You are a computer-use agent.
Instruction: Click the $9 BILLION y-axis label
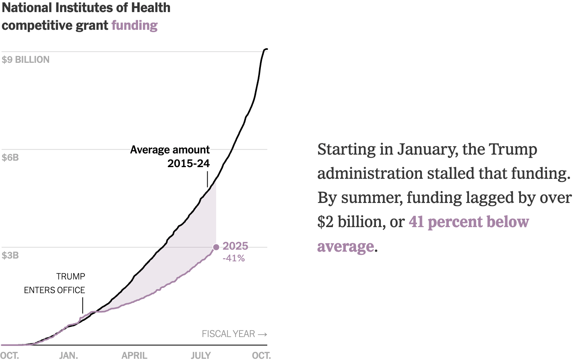pos(26,60)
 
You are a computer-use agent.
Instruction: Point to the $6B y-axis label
pos(10,157)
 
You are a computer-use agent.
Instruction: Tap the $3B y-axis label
pos(10,255)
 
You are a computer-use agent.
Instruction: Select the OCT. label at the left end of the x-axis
pos(10,355)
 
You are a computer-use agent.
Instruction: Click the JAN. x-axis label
pos(68,355)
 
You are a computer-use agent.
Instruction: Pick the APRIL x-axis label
pos(134,355)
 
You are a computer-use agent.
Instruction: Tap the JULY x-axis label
pos(200,355)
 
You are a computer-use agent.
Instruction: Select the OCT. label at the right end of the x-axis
pos(261,355)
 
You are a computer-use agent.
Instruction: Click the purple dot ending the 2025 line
pos(216,247)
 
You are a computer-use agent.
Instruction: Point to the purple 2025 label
pos(235,246)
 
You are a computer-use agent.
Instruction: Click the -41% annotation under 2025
pos(234,258)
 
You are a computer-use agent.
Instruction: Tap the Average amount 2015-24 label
pos(170,156)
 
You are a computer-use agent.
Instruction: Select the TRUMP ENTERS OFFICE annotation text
pos(55,283)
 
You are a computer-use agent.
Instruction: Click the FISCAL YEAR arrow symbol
pos(262,334)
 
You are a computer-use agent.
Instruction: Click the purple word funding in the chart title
pos(134,25)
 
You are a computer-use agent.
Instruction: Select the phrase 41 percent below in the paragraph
pos(469,222)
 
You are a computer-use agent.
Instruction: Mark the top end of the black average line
pos(266,49)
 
